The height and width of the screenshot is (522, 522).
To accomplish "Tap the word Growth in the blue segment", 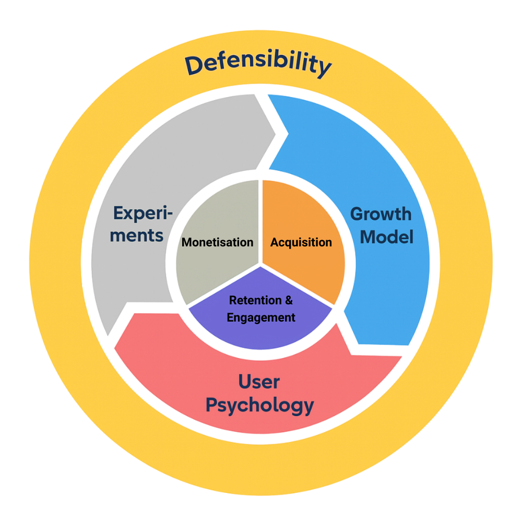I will click(x=381, y=214).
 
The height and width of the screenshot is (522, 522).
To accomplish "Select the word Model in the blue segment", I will click(x=387, y=237).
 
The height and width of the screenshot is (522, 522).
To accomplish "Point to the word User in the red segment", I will click(x=259, y=382).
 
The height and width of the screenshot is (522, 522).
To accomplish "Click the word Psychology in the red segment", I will click(x=259, y=405).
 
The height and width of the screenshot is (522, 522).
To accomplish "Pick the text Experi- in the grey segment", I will click(x=143, y=214).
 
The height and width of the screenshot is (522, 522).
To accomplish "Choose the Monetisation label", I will click(x=217, y=242).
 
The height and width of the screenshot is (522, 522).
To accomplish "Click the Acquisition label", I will click(x=301, y=242).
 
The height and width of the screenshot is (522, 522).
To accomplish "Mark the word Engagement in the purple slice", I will click(x=261, y=317).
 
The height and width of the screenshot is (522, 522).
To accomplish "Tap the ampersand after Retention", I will click(x=289, y=301).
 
